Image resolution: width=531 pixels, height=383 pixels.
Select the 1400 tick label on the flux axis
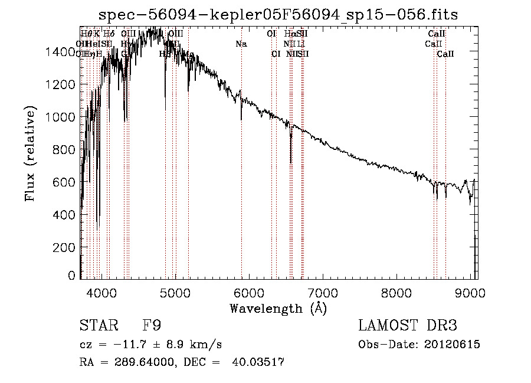[x=61, y=52]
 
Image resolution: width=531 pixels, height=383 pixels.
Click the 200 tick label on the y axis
[x=66, y=247]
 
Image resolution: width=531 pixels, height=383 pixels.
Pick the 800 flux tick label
[x=66, y=150]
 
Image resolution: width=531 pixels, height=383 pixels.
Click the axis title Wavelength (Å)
[x=278, y=308]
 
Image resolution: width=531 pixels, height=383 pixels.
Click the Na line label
[x=241, y=44]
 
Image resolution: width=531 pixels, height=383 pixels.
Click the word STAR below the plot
[x=96, y=326]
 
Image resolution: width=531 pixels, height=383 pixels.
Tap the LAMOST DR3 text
[x=408, y=326]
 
